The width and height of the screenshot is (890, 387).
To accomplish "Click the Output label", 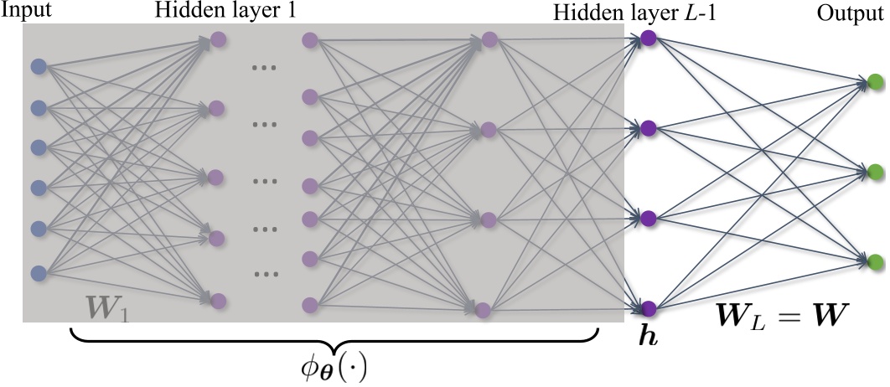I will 861,10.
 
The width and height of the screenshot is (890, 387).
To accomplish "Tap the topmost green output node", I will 875,82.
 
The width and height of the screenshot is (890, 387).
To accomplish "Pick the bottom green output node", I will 875,258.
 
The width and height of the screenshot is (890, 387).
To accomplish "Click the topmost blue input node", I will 38,66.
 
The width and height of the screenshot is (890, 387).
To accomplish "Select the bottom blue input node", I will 38,273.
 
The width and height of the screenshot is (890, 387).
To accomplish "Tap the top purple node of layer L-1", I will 648,37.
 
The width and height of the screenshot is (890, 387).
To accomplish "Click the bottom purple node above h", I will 648,307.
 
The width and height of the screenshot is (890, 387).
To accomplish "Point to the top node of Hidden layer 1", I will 218,39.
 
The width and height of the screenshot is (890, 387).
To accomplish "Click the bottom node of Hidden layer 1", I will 218,300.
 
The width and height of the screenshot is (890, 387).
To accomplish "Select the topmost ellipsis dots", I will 264,68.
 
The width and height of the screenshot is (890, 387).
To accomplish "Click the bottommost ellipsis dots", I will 266,273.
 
